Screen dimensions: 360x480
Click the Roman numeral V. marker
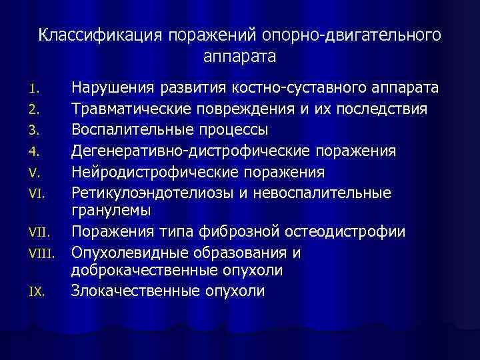click(35, 173)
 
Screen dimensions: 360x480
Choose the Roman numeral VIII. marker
click(41, 254)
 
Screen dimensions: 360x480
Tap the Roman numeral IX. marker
click(37, 291)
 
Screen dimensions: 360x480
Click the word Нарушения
click(113, 87)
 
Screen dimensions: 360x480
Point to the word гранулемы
click(111, 210)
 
